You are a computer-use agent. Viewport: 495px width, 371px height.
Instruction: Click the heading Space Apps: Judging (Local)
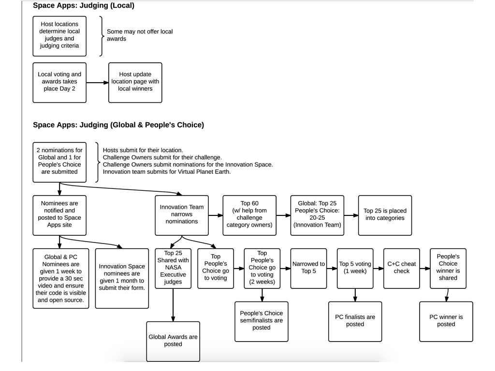click(83, 6)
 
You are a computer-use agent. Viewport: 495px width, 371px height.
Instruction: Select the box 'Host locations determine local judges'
click(59, 36)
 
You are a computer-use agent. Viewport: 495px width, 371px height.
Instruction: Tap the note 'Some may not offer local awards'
click(140, 35)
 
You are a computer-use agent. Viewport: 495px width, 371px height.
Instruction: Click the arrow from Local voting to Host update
click(97, 83)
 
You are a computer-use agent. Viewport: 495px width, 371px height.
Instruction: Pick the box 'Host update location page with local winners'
click(135, 83)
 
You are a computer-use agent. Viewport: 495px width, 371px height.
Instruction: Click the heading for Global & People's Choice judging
click(118, 125)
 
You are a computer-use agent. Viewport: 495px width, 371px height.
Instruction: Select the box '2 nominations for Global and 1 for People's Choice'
click(59, 162)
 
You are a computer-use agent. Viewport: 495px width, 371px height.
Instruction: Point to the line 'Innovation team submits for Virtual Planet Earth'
click(167, 172)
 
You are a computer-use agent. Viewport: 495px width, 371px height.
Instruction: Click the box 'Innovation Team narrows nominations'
click(182, 215)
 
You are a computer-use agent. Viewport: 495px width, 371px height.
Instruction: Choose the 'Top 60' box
click(249, 215)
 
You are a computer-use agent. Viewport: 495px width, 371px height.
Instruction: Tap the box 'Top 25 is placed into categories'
click(385, 215)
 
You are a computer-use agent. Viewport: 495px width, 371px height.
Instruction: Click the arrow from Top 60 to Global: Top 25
click(283, 215)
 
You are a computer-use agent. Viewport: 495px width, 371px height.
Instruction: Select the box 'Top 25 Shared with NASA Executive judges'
click(173, 269)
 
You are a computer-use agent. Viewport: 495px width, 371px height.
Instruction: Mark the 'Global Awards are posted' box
click(173, 342)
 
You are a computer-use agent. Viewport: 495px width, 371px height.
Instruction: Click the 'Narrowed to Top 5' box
click(308, 269)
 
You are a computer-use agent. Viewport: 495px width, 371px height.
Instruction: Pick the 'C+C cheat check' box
click(402, 269)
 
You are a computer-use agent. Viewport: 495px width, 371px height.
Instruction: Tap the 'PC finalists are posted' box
click(355, 321)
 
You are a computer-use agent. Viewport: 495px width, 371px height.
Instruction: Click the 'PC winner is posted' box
click(446, 321)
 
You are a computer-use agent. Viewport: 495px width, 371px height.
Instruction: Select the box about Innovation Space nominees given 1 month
click(122, 278)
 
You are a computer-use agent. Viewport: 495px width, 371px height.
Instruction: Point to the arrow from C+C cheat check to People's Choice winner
click(425, 269)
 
